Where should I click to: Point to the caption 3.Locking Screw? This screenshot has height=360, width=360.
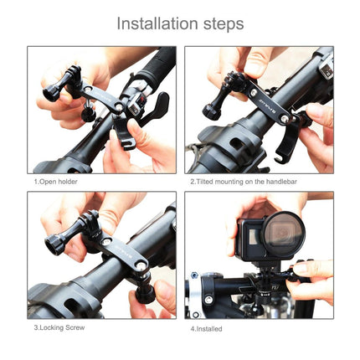59,327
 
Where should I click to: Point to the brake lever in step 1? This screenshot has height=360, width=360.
155,109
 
